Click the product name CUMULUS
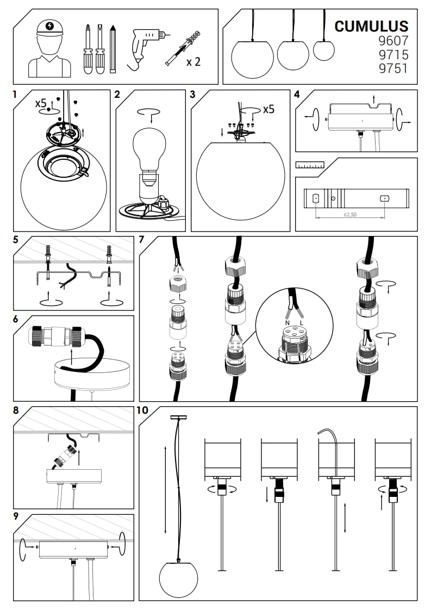tap(371, 26)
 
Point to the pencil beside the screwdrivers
tap(113, 49)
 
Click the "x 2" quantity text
tap(193, 61)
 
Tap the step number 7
tap(142, 239)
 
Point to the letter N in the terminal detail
tap(287, 323)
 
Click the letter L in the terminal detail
tap(302, 323)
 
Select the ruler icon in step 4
tap(309, 164)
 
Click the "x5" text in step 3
tap(268, 109)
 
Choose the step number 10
tap(143, 410)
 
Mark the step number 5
tap(16, 239)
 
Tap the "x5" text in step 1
tap(41, 102)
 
